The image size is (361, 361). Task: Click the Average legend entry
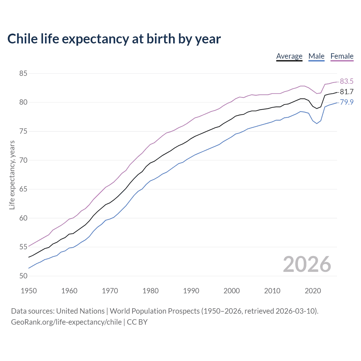pyautogui.click(x=289, y=56)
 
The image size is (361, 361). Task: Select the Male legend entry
pyautogui.click(x=316, y=56)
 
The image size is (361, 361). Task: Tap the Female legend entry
pyautogui.click(x=342, y=56)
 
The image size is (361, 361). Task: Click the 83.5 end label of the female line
pyautogui.click(x=346, y=82)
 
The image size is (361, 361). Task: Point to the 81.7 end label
pyautogui.click(x=346, y=92)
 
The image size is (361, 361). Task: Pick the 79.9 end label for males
pyautogui.click(x=346, y=102)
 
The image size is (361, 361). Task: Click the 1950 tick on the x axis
pyautogui.click(x=29, y=291)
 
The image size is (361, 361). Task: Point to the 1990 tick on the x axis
pyautogui.click(x=191, y=291)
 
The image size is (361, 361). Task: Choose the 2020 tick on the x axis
pyautogui.click(x=313, y=291)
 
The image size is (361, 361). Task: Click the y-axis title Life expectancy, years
pyautogui.click(x=12, y=175)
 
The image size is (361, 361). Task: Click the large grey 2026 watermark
pyautogui.click(x=307, y=264)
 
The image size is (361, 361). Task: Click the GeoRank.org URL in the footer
pyautogui.click(x=66, y=322)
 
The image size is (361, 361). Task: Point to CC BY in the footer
pyautogui.click(x=137, y=322)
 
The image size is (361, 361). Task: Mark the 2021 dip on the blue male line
pyautogui.click(x=317, y=124)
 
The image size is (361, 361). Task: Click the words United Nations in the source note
pyautogui.click(x=80, y=311)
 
